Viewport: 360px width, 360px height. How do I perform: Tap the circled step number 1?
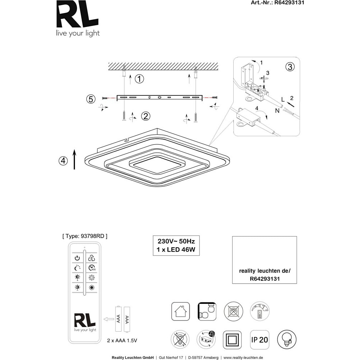coord(139,79)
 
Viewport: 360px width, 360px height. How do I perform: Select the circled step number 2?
coord(145,116)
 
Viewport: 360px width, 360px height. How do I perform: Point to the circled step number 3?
coord(290,67)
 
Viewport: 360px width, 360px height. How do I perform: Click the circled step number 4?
coord(63,161)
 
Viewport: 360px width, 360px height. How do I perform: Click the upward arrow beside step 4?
coord(75,159)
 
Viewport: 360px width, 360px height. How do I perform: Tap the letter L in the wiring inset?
coord(283,98)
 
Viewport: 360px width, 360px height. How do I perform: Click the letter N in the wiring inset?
coord(277,111)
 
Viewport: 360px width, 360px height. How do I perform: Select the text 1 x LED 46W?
coord(176,249)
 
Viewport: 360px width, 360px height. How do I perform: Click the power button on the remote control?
coord(77,258)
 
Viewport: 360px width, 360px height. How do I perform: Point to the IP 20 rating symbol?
coord(259,339)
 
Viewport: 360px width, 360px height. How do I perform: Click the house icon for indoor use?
coord(180,311)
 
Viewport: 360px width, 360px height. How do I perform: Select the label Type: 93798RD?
coord(85,236)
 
